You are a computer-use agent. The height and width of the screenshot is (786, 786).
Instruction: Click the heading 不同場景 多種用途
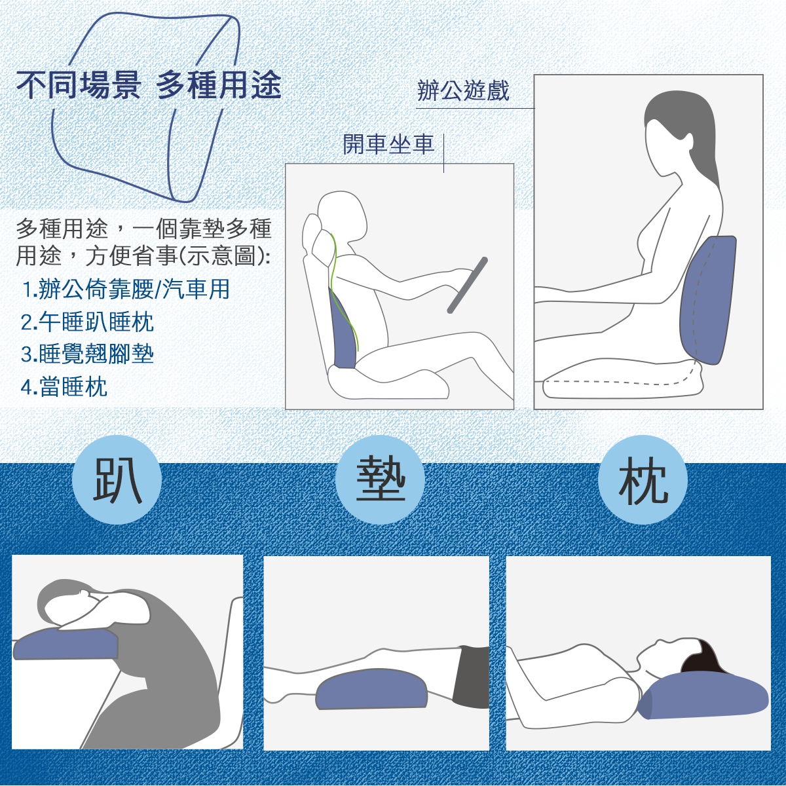coord(149,85)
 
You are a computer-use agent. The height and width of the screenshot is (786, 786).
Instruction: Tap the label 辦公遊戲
coord(463,90)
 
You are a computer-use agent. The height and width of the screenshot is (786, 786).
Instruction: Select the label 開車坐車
coord(388,144)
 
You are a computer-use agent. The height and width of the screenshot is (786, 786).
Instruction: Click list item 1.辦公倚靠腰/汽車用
coord(126,290)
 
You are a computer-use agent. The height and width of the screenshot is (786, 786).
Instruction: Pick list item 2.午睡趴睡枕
coord(87,322)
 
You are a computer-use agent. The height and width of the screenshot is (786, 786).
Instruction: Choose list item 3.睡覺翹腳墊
coord(87,354)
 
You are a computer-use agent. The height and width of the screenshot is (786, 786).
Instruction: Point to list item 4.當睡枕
coord(64,386)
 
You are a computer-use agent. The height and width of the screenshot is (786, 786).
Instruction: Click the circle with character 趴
coord(117,479)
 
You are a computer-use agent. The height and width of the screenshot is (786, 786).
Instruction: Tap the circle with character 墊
coord(380,479)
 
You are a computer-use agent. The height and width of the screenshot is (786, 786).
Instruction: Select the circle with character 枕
coord(643,479)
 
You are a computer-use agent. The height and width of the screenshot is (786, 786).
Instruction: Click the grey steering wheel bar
coord(468,285)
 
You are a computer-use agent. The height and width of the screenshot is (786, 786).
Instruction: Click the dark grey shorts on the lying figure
coord(472,677)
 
